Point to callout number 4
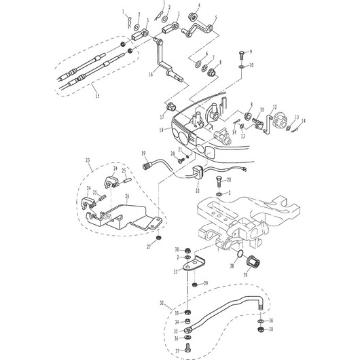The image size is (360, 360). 198,6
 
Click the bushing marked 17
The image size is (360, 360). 171,106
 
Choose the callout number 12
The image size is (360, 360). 275,108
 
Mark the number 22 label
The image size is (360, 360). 196,183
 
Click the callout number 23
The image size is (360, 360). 88,160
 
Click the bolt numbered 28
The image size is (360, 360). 217,181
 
